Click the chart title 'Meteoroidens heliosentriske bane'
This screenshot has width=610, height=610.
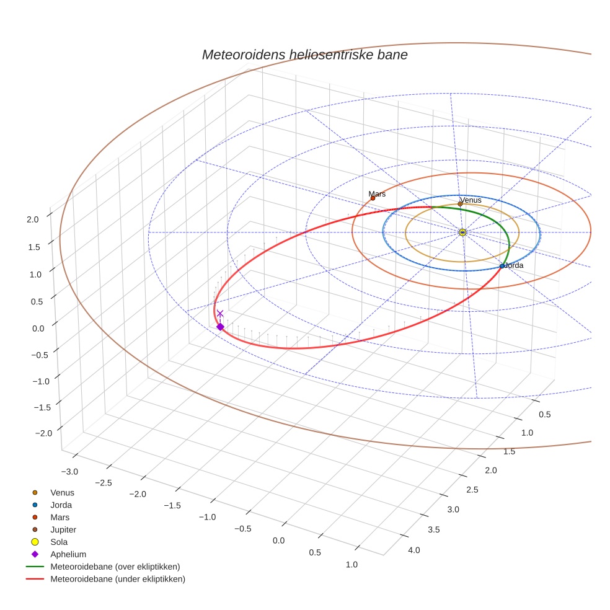[x=304, y=55]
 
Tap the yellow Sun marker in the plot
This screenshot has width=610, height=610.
[x=462, y=232]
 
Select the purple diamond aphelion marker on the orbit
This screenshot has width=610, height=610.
[x=219, y=327]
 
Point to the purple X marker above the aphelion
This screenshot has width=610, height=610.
[x=219, y=314]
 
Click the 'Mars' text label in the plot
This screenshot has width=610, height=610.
[x=377, y=194]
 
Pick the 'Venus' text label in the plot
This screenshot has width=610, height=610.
[x=471, y=200]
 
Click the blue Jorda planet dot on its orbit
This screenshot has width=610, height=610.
[x=502, y=266]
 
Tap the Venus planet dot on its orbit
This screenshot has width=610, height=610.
[x=460, y=204]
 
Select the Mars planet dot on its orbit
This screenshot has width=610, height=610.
[x=373, y=198]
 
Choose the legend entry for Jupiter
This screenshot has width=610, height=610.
[x=63, y=529]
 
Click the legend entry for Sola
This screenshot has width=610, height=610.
[x=60, y=542]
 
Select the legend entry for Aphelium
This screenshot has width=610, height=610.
[x=68, y=554]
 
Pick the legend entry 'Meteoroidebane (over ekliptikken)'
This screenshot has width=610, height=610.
[x=115, y=567]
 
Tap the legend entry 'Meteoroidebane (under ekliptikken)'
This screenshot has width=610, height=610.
[x=117, y=579]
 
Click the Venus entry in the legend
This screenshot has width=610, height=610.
[x=62, y=493]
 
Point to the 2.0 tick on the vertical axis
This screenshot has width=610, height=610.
[x=33, y=219]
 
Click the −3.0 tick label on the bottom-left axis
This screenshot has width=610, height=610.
[x=69, y=472]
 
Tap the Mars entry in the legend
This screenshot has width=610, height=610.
[x=60, y=517]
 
